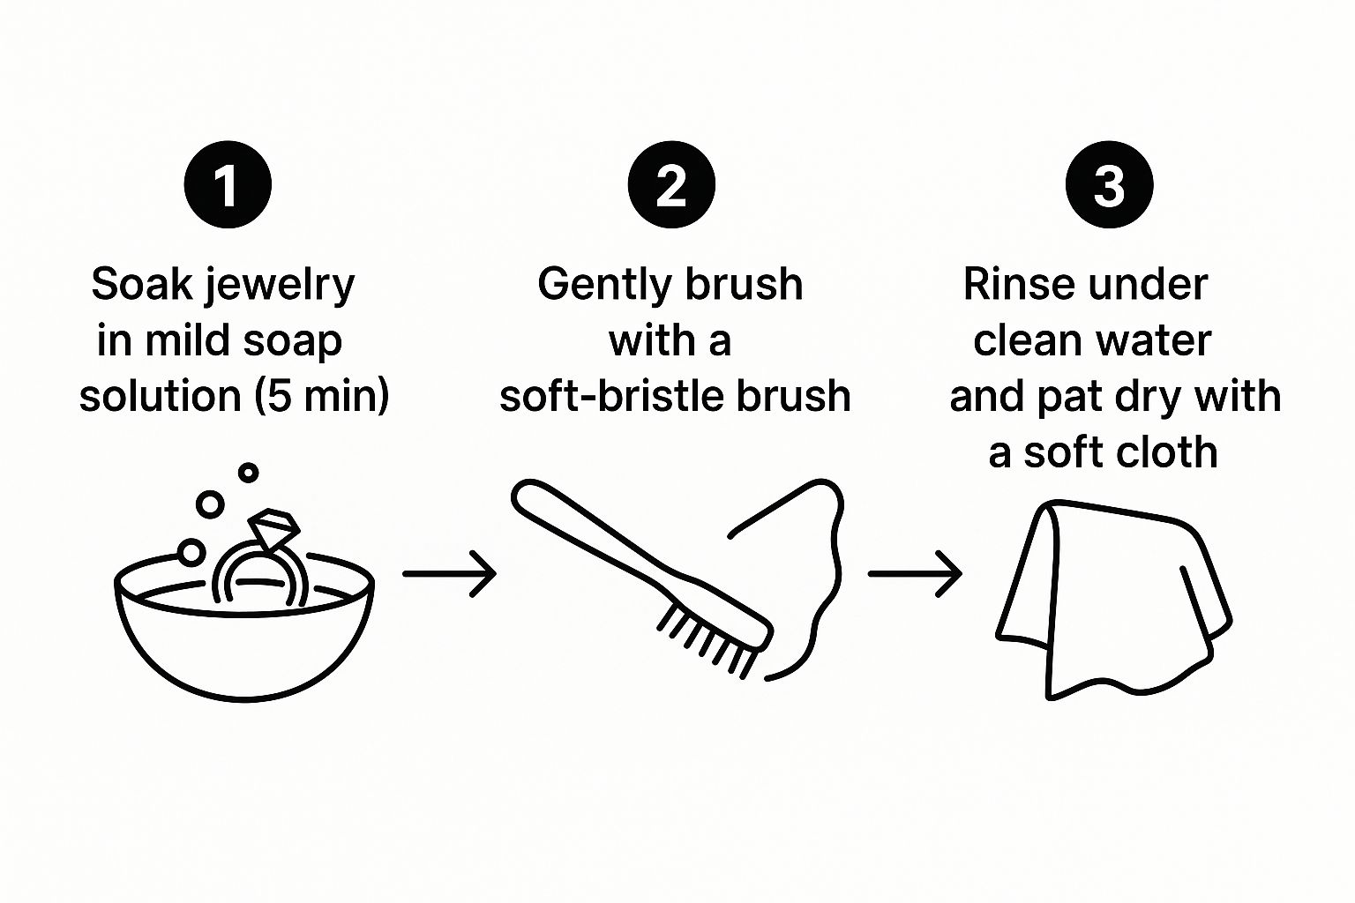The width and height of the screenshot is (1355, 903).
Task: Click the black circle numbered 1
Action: click(228, 184)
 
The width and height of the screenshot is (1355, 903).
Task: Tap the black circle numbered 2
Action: click(671, 184)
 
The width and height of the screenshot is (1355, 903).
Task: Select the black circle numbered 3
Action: click(1110, 184)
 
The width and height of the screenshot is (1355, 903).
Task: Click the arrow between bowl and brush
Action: click(449, 573)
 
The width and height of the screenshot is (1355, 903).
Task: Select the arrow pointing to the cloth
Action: click(915, 573)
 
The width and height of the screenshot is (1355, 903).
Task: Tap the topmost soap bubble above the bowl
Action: click(248, 473)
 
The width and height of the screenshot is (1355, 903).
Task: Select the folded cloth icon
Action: click(1113, 600)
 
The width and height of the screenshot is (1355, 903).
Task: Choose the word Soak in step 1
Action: click(142, 284)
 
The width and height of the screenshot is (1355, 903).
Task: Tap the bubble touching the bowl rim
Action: click(191, 553)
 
